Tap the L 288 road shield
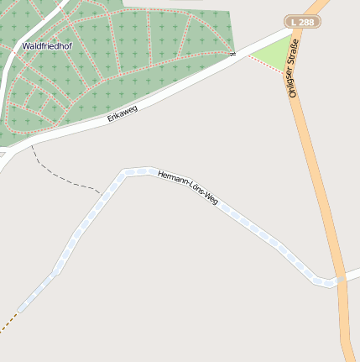click(x=303, y=22)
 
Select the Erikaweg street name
click(x=122, y=113)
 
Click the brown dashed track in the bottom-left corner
click(x=7, y=324)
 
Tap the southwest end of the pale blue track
click(x=20, y=308)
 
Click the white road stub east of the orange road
click(x=352, y=275)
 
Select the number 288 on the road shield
click(x=307, y=22)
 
